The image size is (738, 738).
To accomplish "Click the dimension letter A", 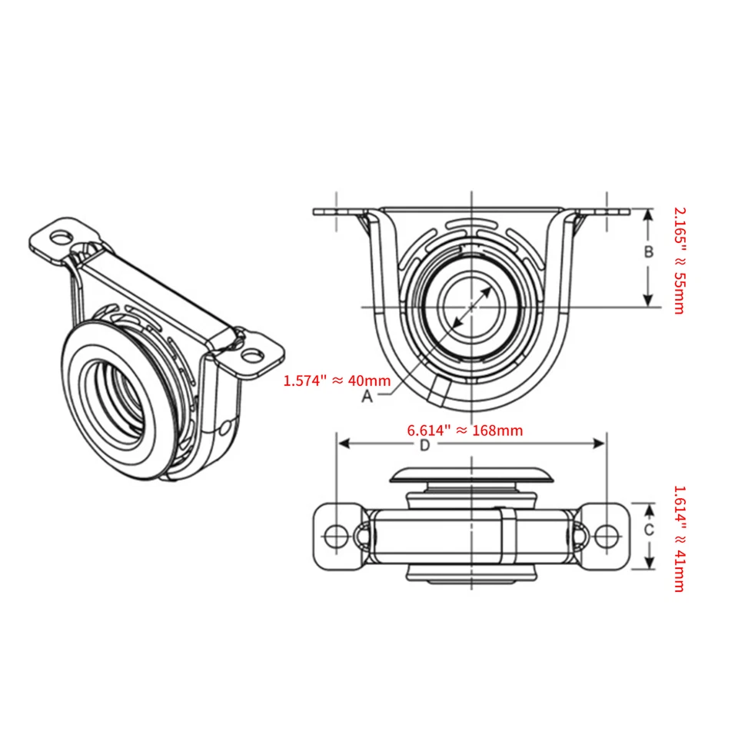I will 367,396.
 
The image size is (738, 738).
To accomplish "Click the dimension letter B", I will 649,251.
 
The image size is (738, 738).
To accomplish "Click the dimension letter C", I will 649,530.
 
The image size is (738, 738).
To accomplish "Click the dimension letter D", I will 424,445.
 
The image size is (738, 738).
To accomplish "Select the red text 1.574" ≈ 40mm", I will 337,380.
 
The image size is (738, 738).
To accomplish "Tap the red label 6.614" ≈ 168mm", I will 464,430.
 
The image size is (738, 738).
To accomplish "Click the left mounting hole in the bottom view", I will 334,535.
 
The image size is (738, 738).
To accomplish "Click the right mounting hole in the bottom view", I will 607,535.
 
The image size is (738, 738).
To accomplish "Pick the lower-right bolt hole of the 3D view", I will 251,356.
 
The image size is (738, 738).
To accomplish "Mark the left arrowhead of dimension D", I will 343,443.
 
